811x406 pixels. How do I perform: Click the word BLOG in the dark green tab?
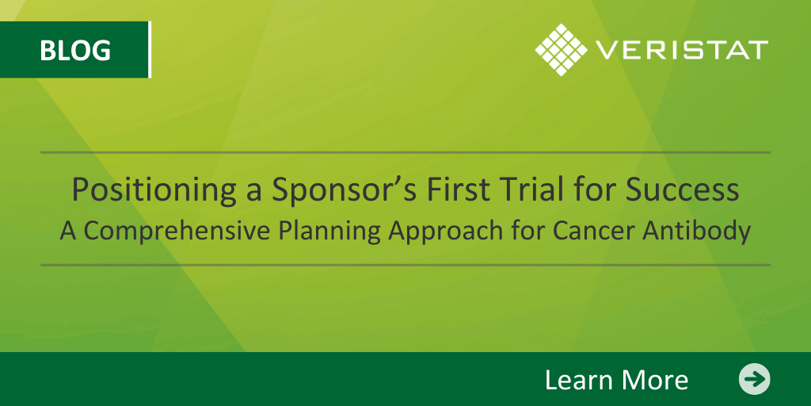(x=75, y=50)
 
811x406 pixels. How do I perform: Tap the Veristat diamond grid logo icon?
(x=562, y=50)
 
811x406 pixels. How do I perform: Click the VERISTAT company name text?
(x=682, y=50)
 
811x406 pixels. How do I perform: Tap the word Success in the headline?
(x=683, y=190)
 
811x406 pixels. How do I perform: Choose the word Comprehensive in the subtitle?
(x=177, y=232)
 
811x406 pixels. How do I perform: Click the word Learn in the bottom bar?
(x=577, y=380)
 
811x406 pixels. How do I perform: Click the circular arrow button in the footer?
(x=754, y=379)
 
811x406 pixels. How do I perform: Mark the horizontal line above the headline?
(x=405, y=153)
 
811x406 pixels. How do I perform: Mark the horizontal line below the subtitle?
(x=405, y=265)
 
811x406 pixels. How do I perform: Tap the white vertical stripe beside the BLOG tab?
(x=150, y=50)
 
